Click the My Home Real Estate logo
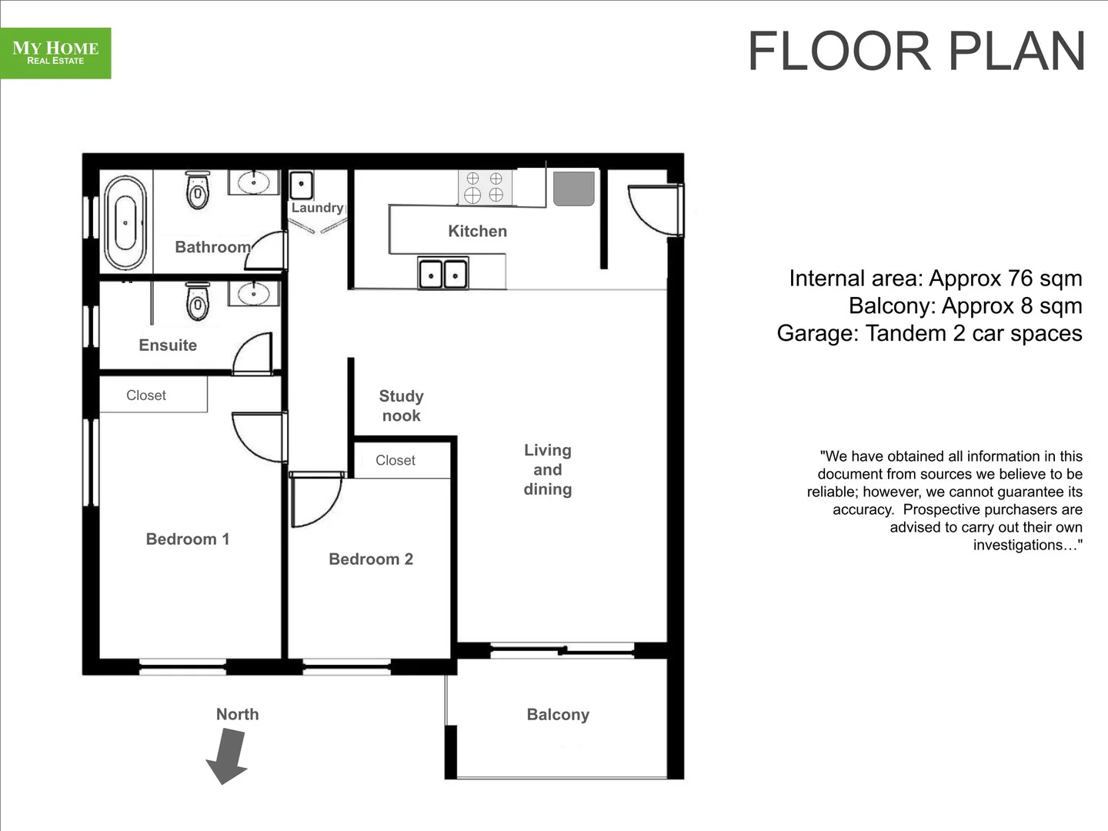pos(55,53)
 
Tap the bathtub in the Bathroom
pos(125,223)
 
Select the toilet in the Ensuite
pos(198,302)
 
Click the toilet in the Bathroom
pos(198,190)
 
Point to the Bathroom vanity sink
pos(253,183)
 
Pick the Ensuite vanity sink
pos(253,293)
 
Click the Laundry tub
pos(301,185)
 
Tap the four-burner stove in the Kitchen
pos(485,187)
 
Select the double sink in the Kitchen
pos(442,273)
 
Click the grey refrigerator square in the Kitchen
pos(574,189)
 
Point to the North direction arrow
pos(228,756)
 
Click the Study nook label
pos(401,405)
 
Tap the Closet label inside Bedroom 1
pos(146,395)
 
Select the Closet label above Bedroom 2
pos(395,460)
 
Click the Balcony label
pos(558,715)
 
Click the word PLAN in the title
pos(1016,52)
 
